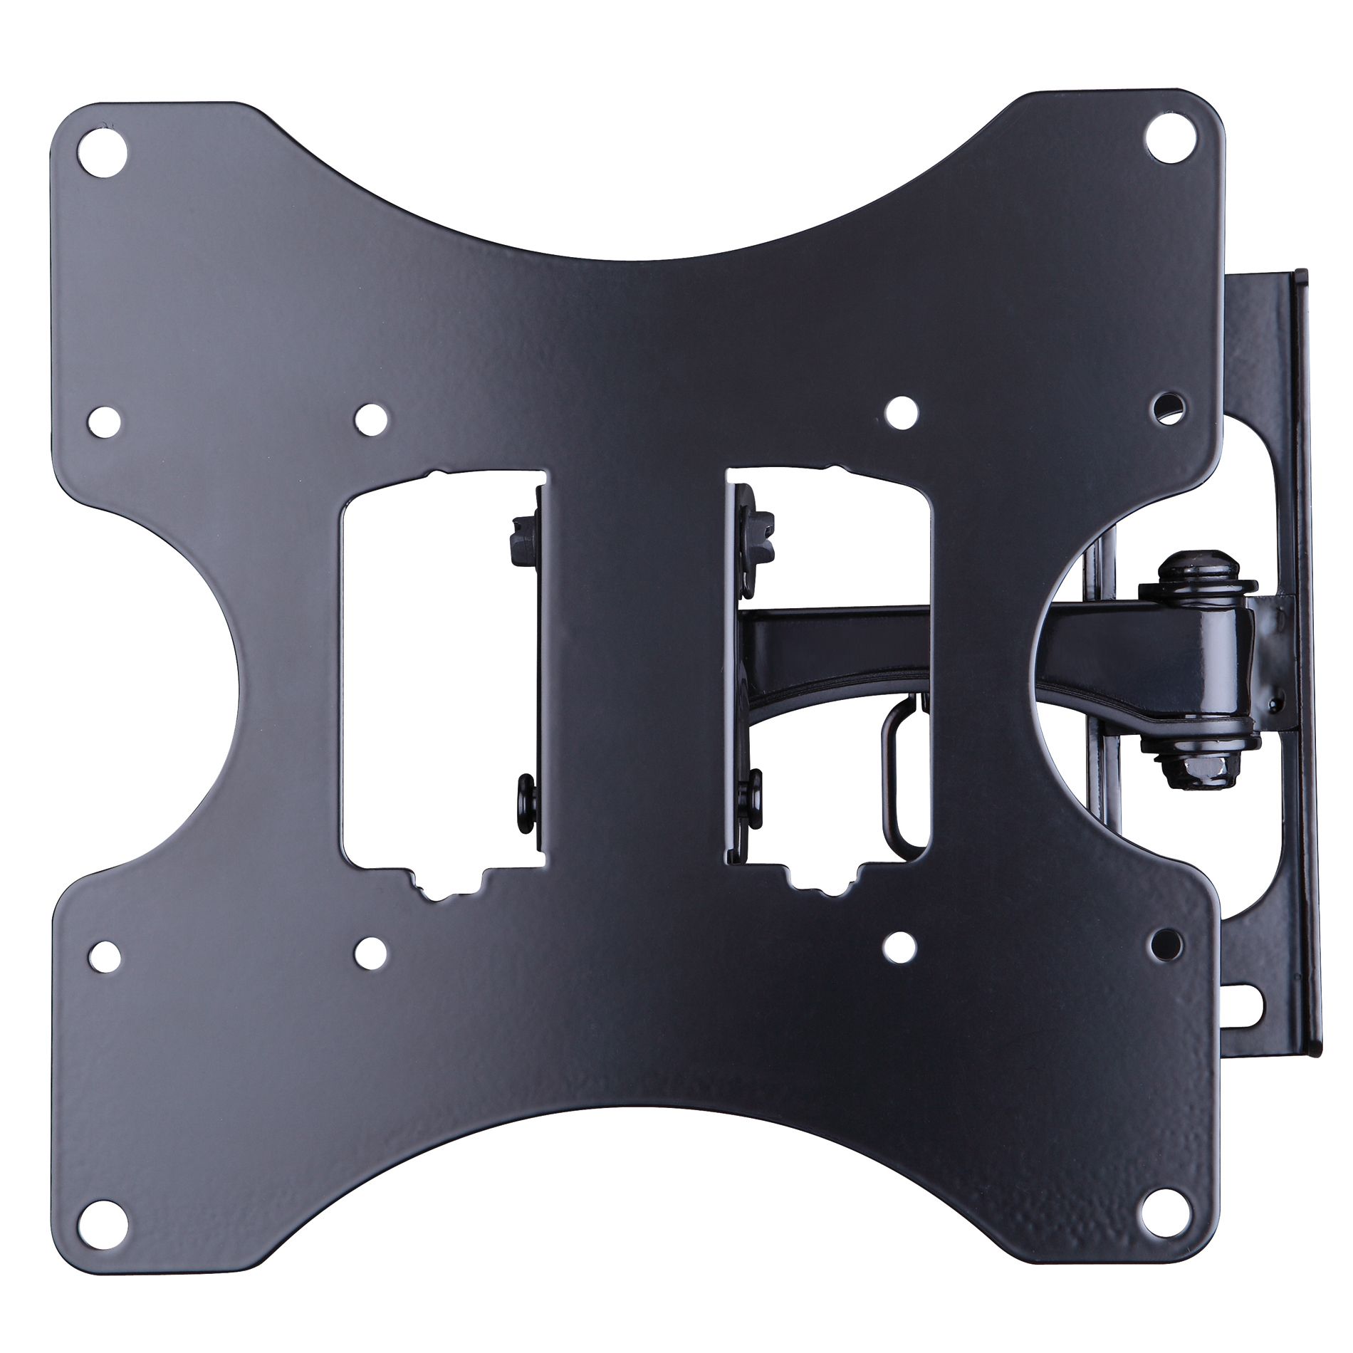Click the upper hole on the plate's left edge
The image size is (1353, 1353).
(105, 422)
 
